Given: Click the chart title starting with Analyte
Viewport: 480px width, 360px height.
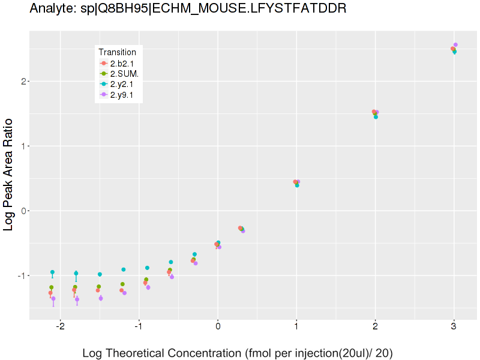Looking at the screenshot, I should coord(188,9).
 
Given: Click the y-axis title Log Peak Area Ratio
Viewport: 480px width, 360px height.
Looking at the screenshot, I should coord(10,175).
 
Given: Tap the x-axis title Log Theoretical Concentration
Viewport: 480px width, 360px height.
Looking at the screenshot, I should coord(237,353).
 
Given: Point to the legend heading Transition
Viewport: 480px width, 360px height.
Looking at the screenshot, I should coord(117,52).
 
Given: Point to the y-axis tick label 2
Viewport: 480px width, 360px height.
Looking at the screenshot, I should coord(23,81).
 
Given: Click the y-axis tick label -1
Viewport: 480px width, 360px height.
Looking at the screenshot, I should coord(22,275).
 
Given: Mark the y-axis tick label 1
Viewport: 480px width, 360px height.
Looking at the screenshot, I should coord(23,146).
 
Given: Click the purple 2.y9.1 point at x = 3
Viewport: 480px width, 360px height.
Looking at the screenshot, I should coord(455,44).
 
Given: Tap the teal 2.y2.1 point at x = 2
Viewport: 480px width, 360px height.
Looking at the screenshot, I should coord(376,117).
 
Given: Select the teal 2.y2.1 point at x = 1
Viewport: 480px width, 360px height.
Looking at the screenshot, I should coord(297,185).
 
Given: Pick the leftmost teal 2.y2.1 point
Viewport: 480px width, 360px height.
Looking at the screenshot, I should coord(52,272).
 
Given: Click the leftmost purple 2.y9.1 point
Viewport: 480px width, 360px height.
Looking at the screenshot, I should coord(53,298).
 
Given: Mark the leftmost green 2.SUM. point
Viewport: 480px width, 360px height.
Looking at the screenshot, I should coord(51,287).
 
